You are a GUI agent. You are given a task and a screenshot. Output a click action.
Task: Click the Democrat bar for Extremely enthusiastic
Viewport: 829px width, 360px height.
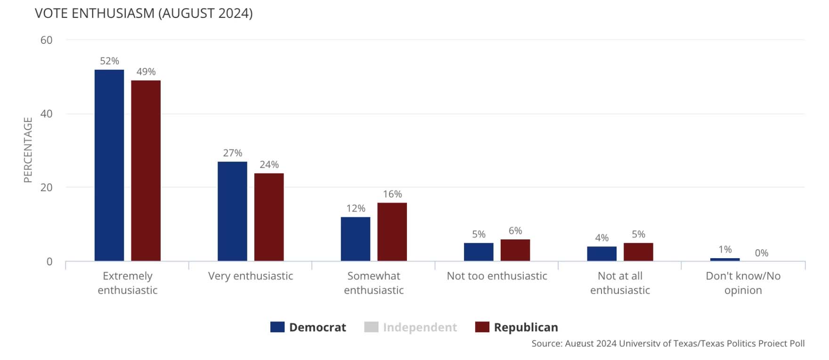coord(109,165)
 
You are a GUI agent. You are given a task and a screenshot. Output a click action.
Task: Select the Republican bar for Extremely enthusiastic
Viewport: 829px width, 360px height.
coord(146,171)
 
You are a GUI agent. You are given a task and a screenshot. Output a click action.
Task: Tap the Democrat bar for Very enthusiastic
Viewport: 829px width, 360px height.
coord(232,211)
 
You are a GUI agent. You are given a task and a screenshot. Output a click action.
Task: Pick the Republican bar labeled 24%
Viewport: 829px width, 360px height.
coord(269,217)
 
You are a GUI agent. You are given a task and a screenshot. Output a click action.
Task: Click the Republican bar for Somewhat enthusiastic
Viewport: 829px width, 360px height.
coord(392,232)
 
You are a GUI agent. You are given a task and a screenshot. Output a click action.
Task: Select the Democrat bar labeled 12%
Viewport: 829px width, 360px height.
coord(356,239)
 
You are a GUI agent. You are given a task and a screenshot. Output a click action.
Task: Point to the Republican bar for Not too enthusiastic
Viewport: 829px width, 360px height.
coord(515,250)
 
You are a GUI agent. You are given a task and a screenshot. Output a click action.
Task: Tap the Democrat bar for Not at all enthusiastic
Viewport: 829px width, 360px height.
coord(601,254)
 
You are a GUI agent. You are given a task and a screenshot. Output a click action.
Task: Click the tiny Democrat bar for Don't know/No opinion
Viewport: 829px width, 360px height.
coord(725,259)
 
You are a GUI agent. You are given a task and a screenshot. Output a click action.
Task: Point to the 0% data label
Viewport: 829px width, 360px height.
coord(761,253)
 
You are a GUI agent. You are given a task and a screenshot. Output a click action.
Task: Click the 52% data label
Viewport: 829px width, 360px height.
coord(109,61)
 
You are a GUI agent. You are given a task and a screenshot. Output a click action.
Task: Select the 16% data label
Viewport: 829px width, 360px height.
coord(392,194)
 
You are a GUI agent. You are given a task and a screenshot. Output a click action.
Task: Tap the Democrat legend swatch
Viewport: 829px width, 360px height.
coord(277,327)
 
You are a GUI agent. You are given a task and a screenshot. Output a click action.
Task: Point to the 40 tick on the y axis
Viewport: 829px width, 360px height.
coord(47,114)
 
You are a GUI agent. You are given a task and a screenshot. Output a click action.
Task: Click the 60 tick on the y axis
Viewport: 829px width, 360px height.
coord(47,40)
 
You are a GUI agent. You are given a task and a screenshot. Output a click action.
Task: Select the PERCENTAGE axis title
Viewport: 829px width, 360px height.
coord(28,150)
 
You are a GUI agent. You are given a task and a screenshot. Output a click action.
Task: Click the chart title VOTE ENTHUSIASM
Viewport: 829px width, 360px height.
coord(144,13)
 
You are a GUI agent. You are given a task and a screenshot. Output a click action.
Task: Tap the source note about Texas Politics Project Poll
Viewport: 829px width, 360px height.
coord(668,344)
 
